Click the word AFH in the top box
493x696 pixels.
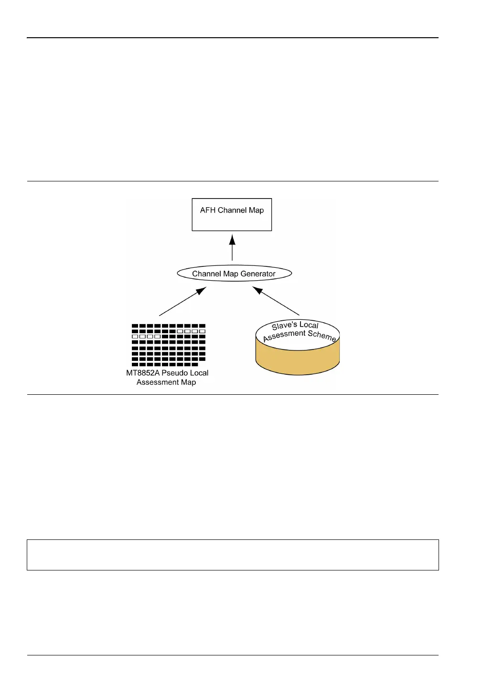[208, 211]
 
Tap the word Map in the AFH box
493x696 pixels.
[257, 211]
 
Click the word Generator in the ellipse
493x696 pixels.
[258, 274]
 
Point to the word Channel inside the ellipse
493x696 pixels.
[207, 274]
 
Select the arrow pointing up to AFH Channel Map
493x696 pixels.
[232, 247]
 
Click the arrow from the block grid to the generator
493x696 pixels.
[182, 301]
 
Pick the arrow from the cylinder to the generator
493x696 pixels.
[276, 301]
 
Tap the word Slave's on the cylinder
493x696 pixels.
[284, 327]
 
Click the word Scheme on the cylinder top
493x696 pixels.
[322, 335]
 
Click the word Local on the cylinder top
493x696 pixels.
[309, 325]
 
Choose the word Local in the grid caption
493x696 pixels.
[199, 373]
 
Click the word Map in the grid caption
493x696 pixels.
[189, 382]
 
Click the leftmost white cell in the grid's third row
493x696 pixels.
[135, 337]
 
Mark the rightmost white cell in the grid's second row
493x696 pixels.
[203, 331]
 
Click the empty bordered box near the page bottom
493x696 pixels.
[233, 555]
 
